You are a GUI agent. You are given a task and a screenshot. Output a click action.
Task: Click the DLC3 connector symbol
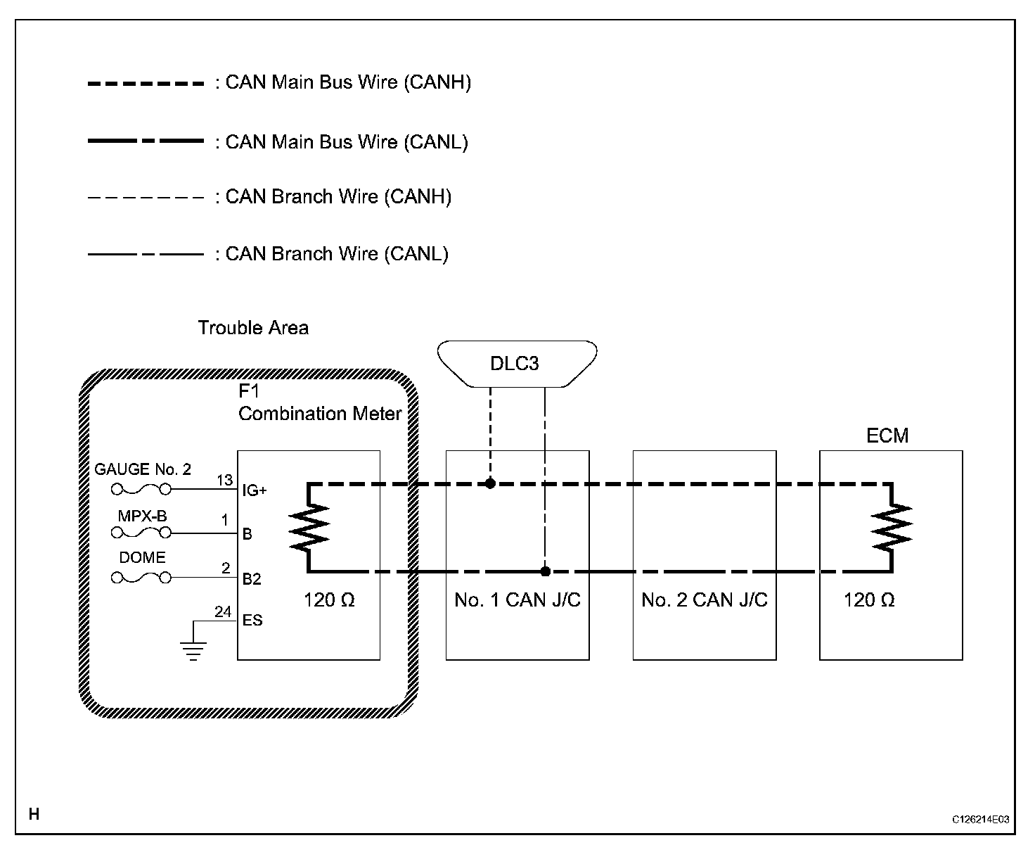point(517,363)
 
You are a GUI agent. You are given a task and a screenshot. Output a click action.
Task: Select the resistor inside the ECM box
point(891,528)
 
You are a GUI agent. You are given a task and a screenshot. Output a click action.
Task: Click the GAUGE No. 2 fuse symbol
point(141,489)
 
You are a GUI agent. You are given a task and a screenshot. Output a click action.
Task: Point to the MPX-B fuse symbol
point(141,533)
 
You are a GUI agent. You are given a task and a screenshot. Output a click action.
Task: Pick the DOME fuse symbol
point(141,578)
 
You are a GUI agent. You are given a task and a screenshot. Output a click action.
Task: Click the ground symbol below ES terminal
point(193,651)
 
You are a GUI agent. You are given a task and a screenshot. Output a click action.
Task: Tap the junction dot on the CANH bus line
point(490,483)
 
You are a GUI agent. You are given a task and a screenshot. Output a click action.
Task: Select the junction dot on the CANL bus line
point(545,571)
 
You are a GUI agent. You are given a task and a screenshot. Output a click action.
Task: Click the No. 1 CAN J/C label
point(517,600)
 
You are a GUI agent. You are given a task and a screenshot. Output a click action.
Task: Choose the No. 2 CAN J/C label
point(705,600)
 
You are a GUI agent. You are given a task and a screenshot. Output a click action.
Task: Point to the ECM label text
point(887,436)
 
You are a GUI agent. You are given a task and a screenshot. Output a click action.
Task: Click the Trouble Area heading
point(253,328)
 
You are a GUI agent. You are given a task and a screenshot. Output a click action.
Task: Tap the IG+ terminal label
point(254,490)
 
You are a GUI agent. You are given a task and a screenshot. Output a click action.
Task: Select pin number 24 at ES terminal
point(223,612)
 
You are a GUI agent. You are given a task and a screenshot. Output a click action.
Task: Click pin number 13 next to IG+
point(224,481)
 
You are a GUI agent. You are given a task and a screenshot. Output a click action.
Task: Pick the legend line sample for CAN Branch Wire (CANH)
point(146,197)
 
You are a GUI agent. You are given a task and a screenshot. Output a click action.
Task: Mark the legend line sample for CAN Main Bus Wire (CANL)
point(146,141)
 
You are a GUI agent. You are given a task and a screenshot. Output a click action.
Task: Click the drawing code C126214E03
point(981,819)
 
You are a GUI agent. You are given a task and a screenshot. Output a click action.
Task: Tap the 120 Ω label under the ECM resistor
point(869,600)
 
